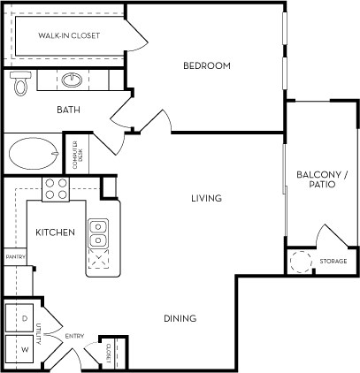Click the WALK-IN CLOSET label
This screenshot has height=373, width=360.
(x=68, y=35)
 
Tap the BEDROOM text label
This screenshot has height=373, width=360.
(x=207, y=65)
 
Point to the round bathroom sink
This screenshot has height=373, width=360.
(x=73, y=81)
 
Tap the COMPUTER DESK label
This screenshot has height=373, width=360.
(x=78, y=156)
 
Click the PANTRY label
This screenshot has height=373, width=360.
(x=14, y=257)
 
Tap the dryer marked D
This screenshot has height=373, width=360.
(x=24, y=316)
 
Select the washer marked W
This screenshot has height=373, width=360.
(x=24, y=348)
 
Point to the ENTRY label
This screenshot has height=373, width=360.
(x=73, y=336)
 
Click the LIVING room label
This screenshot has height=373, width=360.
(x=206, y=198)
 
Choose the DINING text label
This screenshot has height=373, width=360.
(x=180, y=318)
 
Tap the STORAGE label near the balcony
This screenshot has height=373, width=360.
(x=333, y=262)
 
